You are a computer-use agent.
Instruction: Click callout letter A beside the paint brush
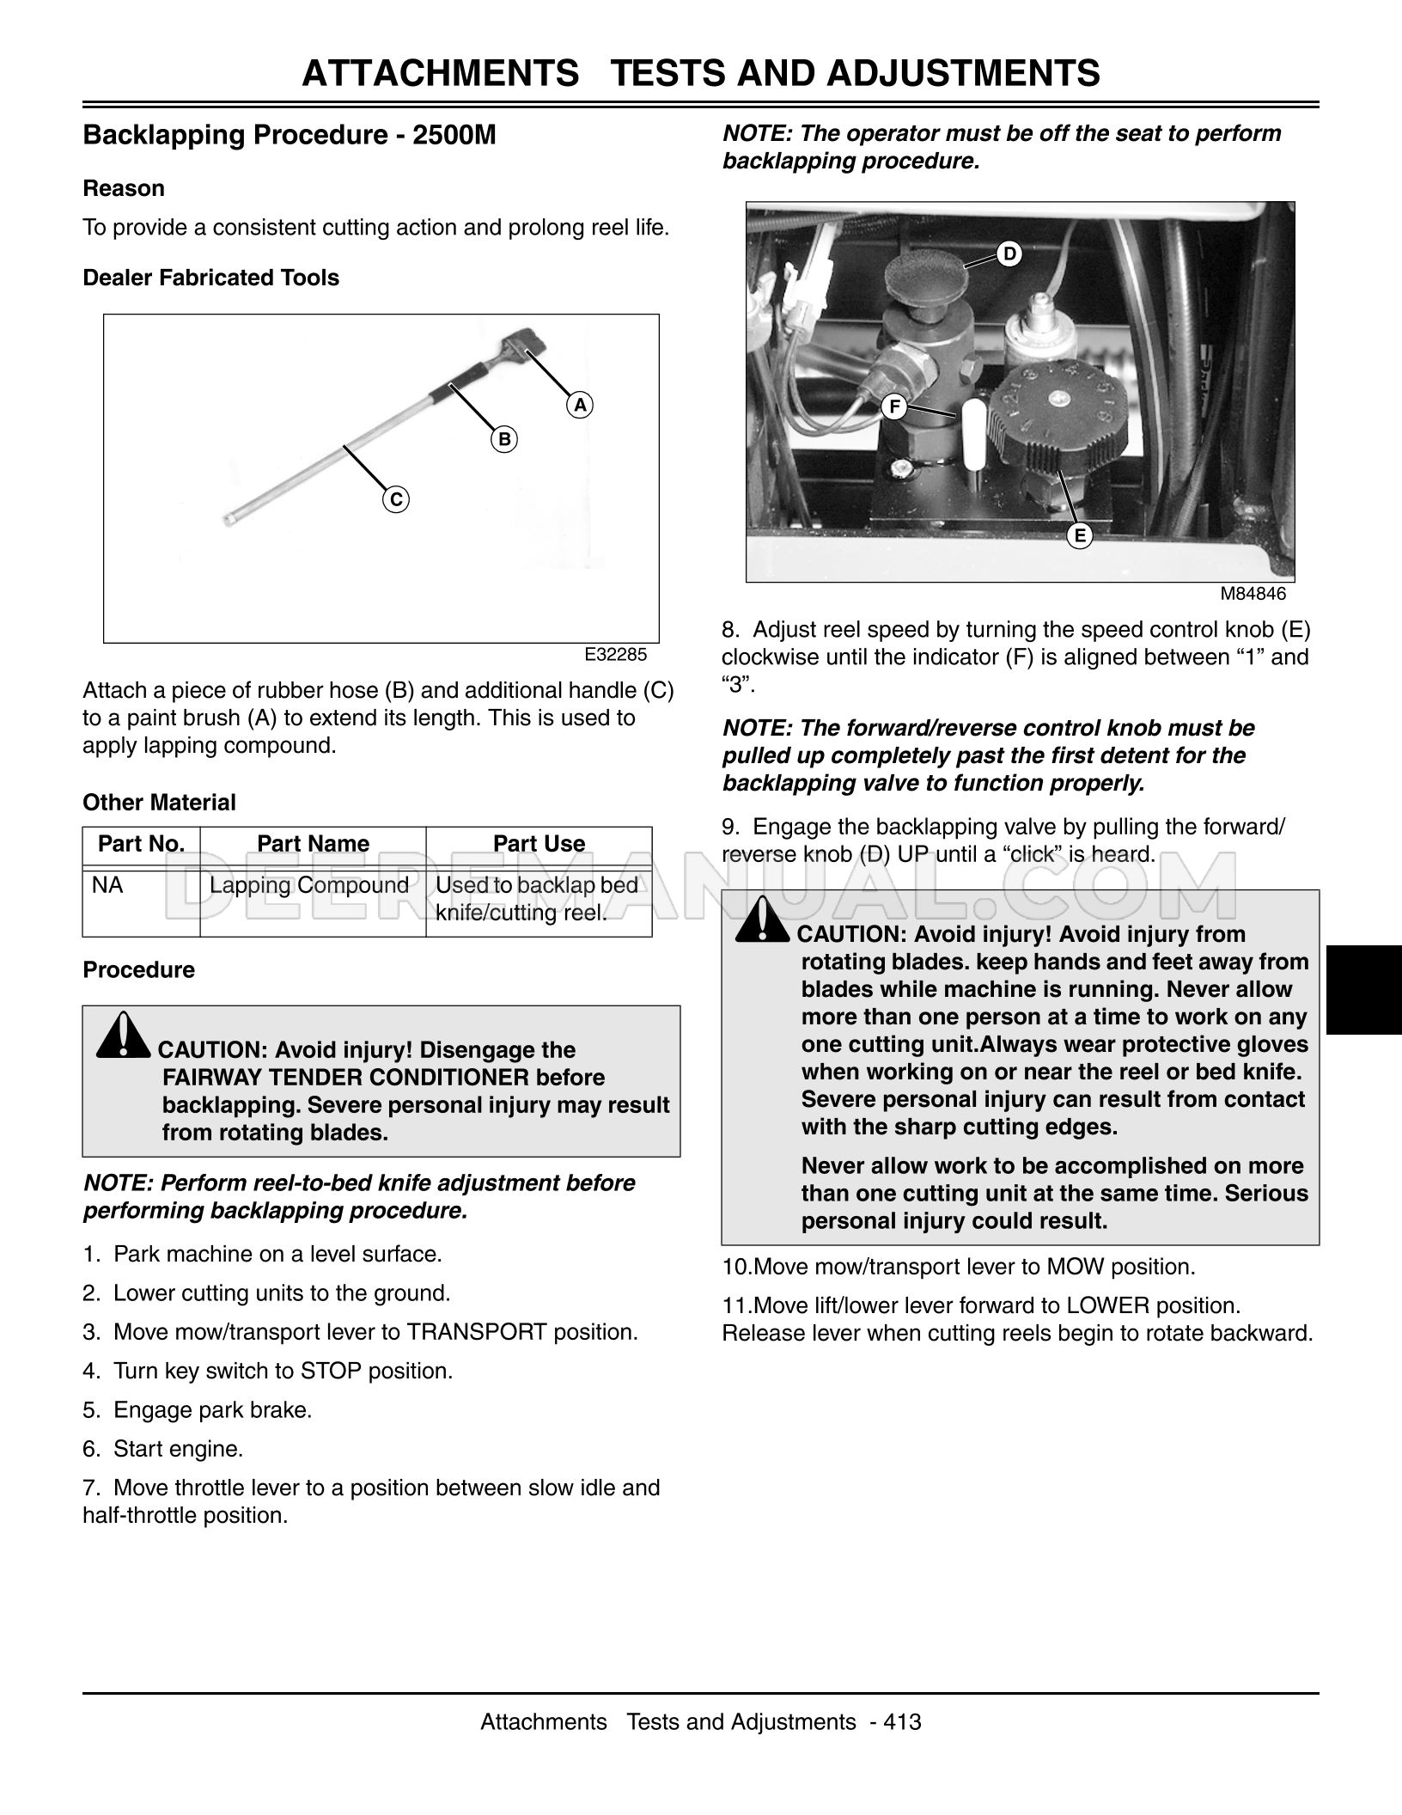coord(580,405)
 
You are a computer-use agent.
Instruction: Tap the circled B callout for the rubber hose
coord(504,439)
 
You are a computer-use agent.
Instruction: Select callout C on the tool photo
coord(395,499)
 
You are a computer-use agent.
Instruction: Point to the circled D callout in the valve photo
coord(1009,254)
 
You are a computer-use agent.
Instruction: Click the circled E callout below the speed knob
coord(1080,535)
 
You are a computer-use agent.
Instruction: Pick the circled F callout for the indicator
coord(894,406)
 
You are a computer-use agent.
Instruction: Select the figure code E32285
coord(615,655)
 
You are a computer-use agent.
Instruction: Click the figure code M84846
coord(1253,594)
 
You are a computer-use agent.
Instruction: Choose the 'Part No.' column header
coord(141,844)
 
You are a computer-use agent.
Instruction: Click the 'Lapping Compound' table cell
coord(309,885)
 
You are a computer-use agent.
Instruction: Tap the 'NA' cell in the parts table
coord(107,885)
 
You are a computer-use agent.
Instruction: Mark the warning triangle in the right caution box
coord(762,920)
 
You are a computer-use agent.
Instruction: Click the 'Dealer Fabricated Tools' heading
coord(210,278)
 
